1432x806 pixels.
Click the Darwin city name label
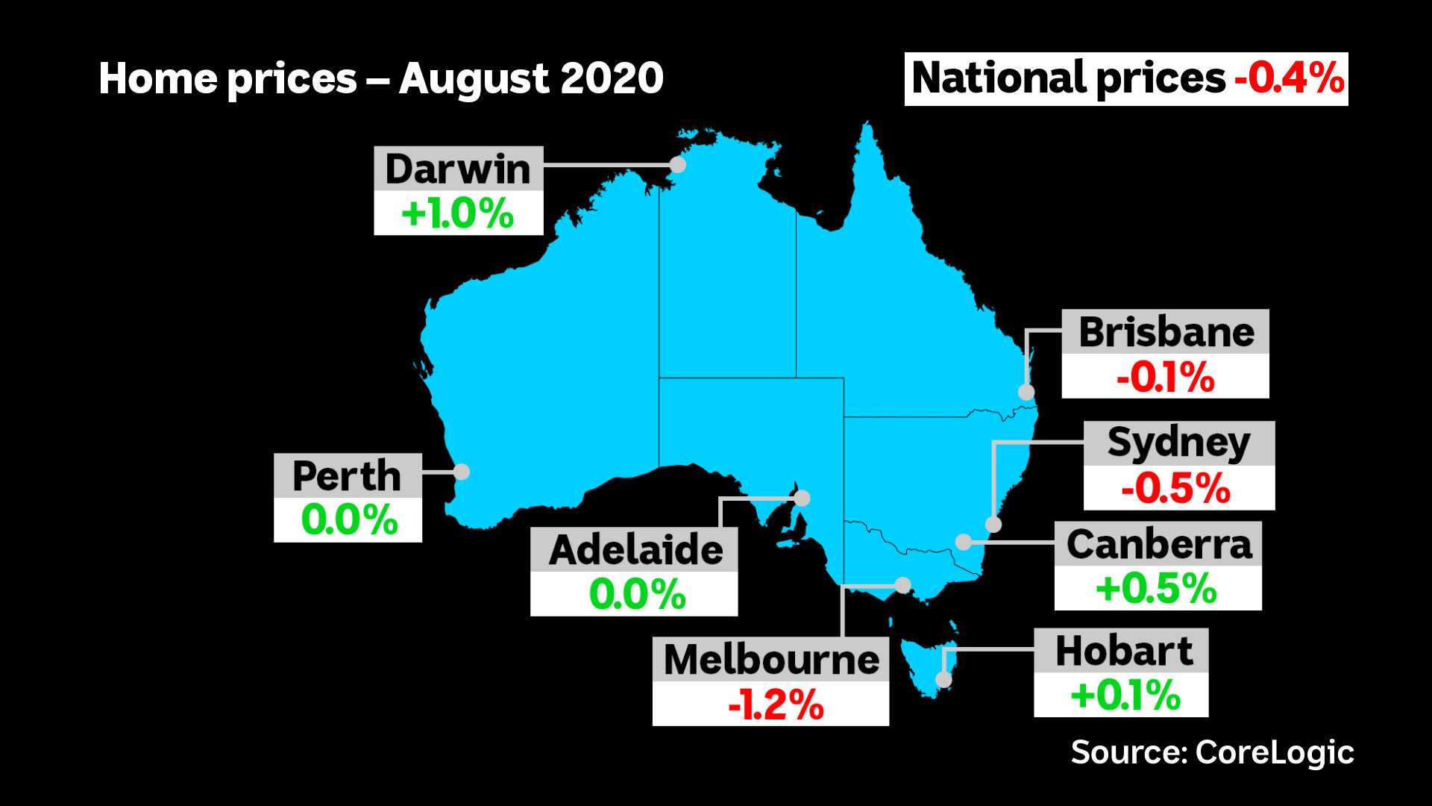pos(458,169)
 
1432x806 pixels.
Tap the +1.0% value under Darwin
pos(458,214)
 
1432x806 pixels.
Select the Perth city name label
pos(347,476)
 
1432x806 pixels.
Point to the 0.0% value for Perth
pos(348,520)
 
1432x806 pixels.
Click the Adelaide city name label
pos(635,550)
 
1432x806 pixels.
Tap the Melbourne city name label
pos(771,660)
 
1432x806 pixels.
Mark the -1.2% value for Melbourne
pos(776,705)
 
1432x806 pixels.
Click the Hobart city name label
pos(1124,651)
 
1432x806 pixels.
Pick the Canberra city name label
pos(1159,544)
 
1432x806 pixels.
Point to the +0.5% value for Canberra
pos(1156,589)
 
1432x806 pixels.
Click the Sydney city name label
pos(1178,443)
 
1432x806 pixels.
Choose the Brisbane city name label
pos(1166,332)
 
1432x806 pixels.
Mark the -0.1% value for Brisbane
pos(1165,377)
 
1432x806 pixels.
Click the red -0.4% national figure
pos(1290,78)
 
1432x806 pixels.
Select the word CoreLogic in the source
pos(1275,752)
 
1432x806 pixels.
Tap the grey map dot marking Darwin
pos(678,165)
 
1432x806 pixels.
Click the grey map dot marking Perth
pos(461,472)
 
